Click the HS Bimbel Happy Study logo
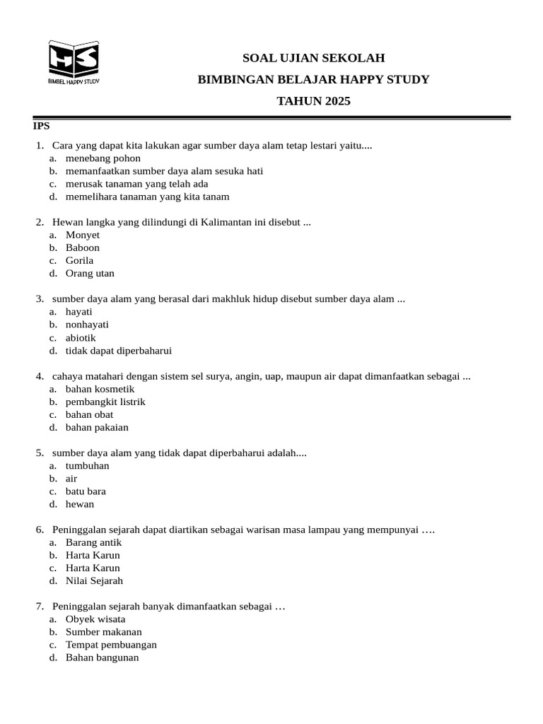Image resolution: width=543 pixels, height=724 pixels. pos(74,62)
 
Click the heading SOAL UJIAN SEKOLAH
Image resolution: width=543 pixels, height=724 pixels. pos(313,58)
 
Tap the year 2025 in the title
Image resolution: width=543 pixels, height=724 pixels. pos(338,101)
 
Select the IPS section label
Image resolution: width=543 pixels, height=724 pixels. pos(42,126)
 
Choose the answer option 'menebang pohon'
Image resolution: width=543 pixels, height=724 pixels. pos(103,158)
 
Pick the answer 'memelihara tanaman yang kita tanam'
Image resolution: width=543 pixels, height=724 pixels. pos(147,197)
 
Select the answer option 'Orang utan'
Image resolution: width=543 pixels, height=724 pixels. pos(90,274)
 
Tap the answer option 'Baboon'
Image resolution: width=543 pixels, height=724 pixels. pos(83,247)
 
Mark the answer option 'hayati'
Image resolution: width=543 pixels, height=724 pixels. pos(78,312)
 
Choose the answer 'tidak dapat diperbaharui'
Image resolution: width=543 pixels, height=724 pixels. pos(118,351)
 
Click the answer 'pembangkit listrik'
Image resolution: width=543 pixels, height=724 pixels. pos(105,402)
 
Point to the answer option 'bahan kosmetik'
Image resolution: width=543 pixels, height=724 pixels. pos(100,389)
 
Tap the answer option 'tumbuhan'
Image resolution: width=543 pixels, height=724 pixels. pos(87,466)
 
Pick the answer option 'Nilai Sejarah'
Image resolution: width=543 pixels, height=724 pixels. pos(94,581)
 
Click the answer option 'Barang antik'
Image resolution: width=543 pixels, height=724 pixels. pos(93,542)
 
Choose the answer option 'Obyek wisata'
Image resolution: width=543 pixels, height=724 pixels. pos(95,619)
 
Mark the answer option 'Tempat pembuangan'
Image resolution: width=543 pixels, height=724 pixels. pos(111,645)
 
